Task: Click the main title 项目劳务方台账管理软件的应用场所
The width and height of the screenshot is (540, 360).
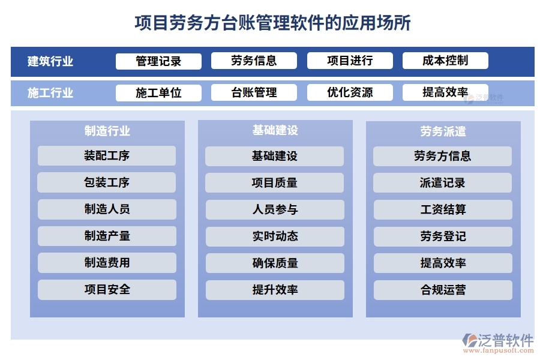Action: pos(273,23)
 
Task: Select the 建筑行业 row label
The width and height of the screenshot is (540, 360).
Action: pos(51,61)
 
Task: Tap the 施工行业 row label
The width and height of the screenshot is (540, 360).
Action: pos(51,93)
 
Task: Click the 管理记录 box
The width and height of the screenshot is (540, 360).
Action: pos(158,61)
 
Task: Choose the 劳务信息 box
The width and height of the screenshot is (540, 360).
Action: pos(254,61)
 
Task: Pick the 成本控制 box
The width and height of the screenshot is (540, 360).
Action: pos(445,61)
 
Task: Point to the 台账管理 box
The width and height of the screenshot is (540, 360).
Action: pos(254,92)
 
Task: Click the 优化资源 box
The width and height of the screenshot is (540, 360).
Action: pos(350,92)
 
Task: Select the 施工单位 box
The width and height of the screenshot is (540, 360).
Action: pos(158,93)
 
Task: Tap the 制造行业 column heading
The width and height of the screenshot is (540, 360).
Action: pos(107,131)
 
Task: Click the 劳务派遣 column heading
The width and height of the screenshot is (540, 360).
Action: pos(443,131)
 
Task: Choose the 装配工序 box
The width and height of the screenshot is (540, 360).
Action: pos(107,156)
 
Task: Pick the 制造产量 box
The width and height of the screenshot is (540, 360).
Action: pos(107,236)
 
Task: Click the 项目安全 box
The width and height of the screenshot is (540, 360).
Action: pos(107,290)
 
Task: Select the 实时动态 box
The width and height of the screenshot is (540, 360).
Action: pos(275,236)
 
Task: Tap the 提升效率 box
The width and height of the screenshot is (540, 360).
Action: pos(275,290)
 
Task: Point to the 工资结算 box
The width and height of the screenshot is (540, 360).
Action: pos(443,209)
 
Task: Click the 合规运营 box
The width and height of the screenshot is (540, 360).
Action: pos(443,290)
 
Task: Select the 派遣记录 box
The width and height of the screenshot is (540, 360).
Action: pos(443,183)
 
